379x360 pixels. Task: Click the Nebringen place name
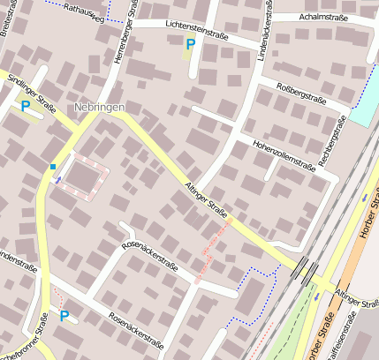pos(99,107)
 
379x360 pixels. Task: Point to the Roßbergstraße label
pos(302,94)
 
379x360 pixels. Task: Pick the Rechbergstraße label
pos(333,139)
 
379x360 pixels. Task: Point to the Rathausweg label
pos(83,11)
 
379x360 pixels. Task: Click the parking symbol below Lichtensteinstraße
pos(190,44)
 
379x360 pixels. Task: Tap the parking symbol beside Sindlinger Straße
pos(26,106)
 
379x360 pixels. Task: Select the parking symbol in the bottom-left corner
pos(64,315)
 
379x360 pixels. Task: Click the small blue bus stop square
pos(53,166)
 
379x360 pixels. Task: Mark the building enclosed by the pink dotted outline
pos(82,179)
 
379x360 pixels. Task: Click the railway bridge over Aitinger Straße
pos(307,269)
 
